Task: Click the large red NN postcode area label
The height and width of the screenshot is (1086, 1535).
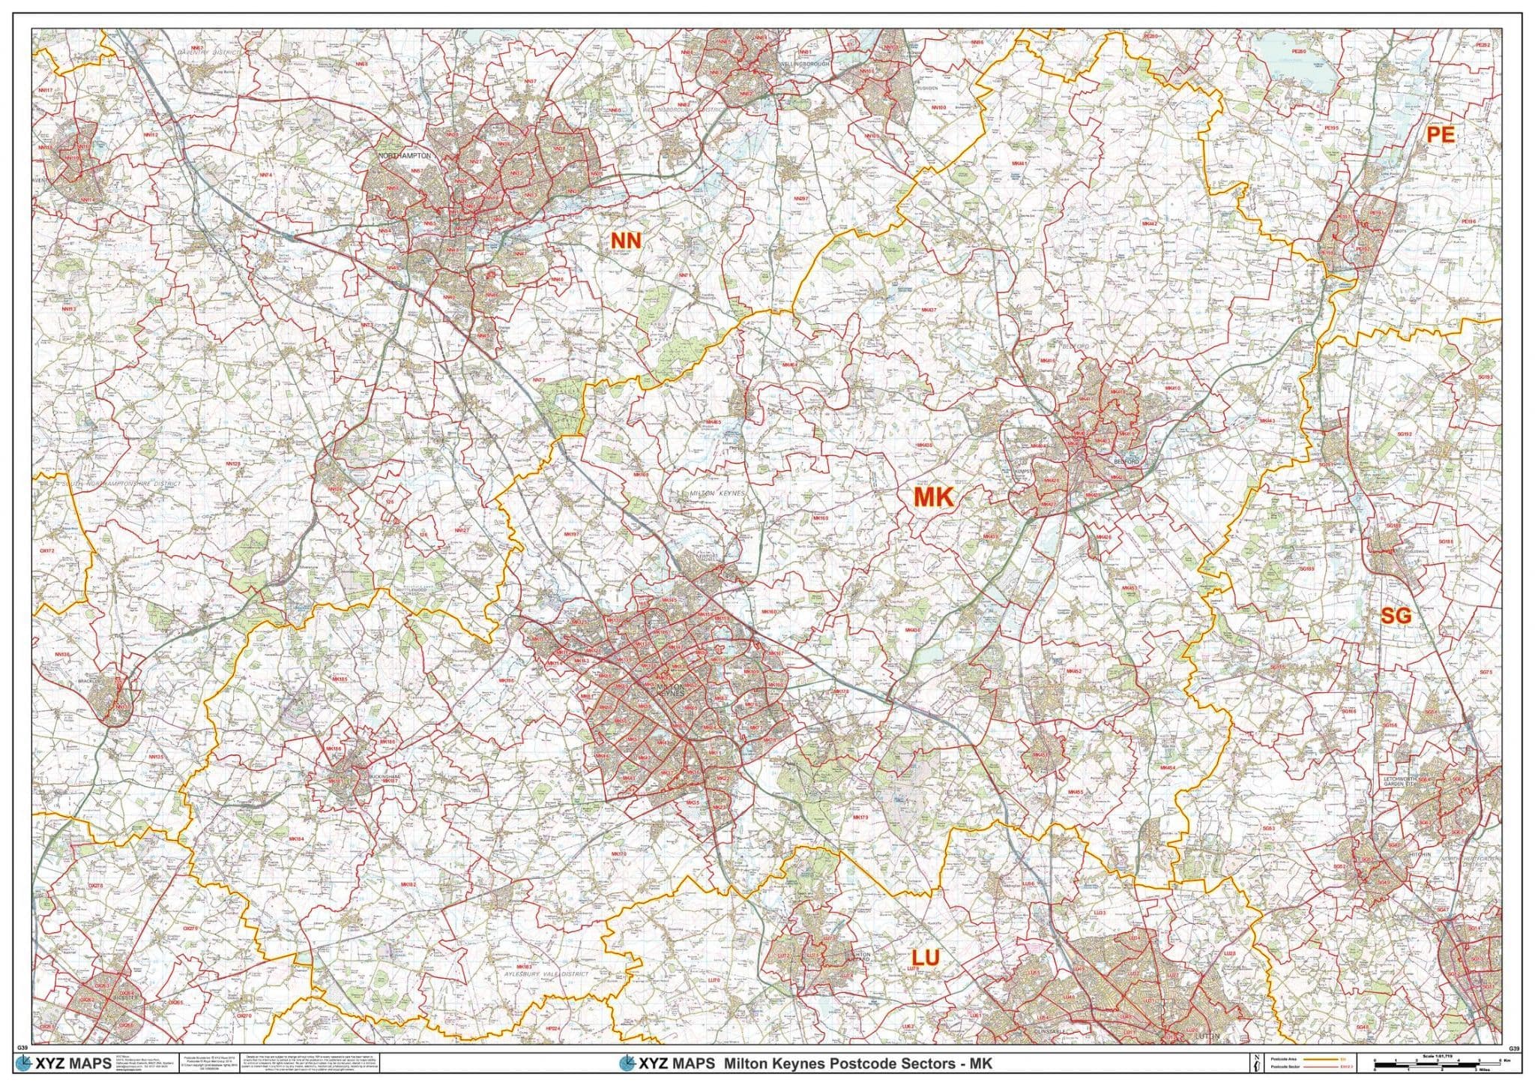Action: coord(626,240)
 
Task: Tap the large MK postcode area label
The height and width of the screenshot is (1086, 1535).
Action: coord(932,497)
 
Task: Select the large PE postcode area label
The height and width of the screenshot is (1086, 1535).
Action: coord(1440,134)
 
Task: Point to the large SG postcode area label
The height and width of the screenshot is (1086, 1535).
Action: coord(1396,615)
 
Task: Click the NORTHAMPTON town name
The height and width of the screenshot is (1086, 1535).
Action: coord(405,155)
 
